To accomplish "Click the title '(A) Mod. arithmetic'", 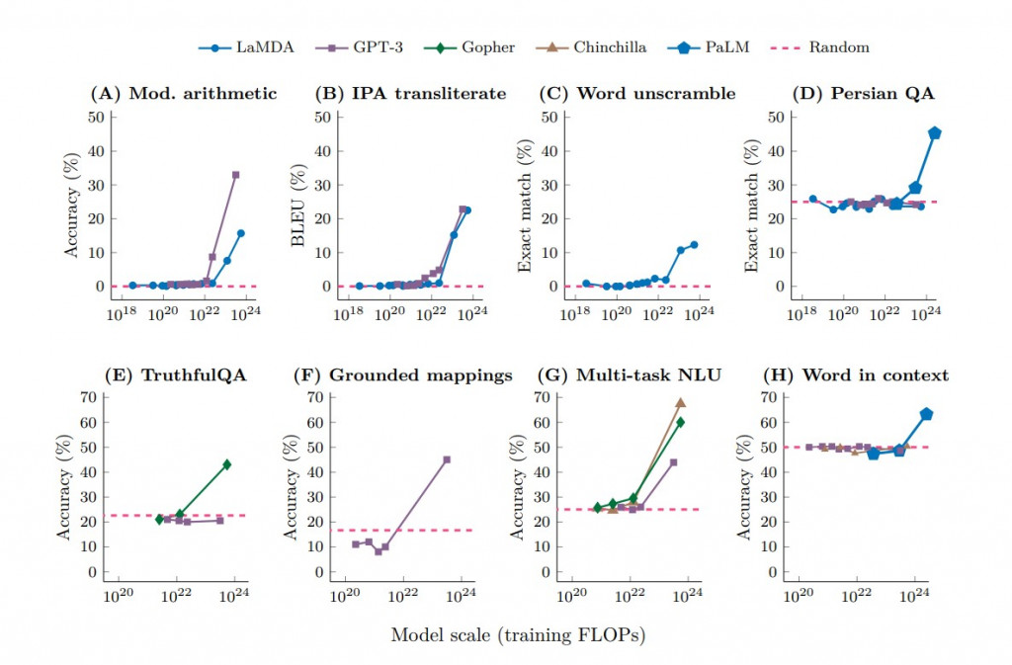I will [x=183, y=94].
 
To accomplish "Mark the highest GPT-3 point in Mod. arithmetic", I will [x=235, y=175].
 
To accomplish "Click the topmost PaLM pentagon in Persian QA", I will [x=934, y=133].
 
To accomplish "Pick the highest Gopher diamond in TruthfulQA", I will [x=226, y=464].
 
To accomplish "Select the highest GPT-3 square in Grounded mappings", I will [x=447, y=459].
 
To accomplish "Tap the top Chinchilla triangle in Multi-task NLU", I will [x=680, y=403].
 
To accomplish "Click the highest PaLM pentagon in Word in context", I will [x=926, y=414].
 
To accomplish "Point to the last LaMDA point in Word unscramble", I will [x=694, y=245].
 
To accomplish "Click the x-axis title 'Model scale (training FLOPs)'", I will [x=518, y=635].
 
